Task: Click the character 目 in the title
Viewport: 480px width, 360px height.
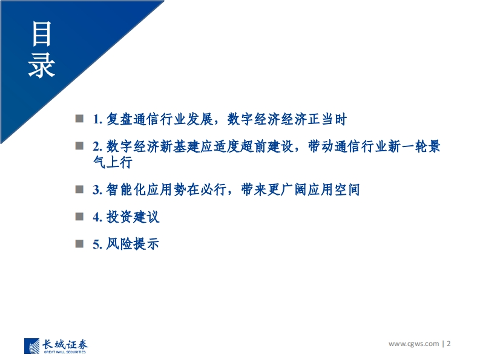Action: (x=41, y=34)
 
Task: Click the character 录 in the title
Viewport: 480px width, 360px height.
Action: (x=41, y=65)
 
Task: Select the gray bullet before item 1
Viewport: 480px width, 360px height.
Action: (x=79, y=119)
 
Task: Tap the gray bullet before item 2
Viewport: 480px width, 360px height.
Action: (x=79, y=146)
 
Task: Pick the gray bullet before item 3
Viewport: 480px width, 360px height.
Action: (x=79, y=189)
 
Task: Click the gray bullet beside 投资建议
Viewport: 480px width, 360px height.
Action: (x=79, y=217)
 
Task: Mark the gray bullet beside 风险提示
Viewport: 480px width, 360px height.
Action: (x=79, y=244)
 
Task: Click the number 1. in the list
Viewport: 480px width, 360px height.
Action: (x=97, y=119)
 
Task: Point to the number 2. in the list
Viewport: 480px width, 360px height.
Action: (x=97, y=146)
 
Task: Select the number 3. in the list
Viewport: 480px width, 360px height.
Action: (x=97, y=190)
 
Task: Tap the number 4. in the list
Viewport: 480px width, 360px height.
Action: (x=97, y=217)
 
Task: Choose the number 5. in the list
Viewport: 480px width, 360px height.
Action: (x=97, y=244)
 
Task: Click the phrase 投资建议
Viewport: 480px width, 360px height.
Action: (x=133, y=217)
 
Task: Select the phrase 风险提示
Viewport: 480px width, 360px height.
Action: (x=133, y=244)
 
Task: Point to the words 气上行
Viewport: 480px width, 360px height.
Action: (x=113, y=162)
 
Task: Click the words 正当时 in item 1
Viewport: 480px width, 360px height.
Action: (x=327, y=119)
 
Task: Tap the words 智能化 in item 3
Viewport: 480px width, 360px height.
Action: (x=126, y=189)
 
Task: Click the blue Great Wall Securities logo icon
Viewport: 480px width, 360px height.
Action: (x=32, y=346)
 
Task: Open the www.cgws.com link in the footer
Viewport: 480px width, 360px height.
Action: (x=413, y=344)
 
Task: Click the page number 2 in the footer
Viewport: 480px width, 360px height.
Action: (x=449, y=344)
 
